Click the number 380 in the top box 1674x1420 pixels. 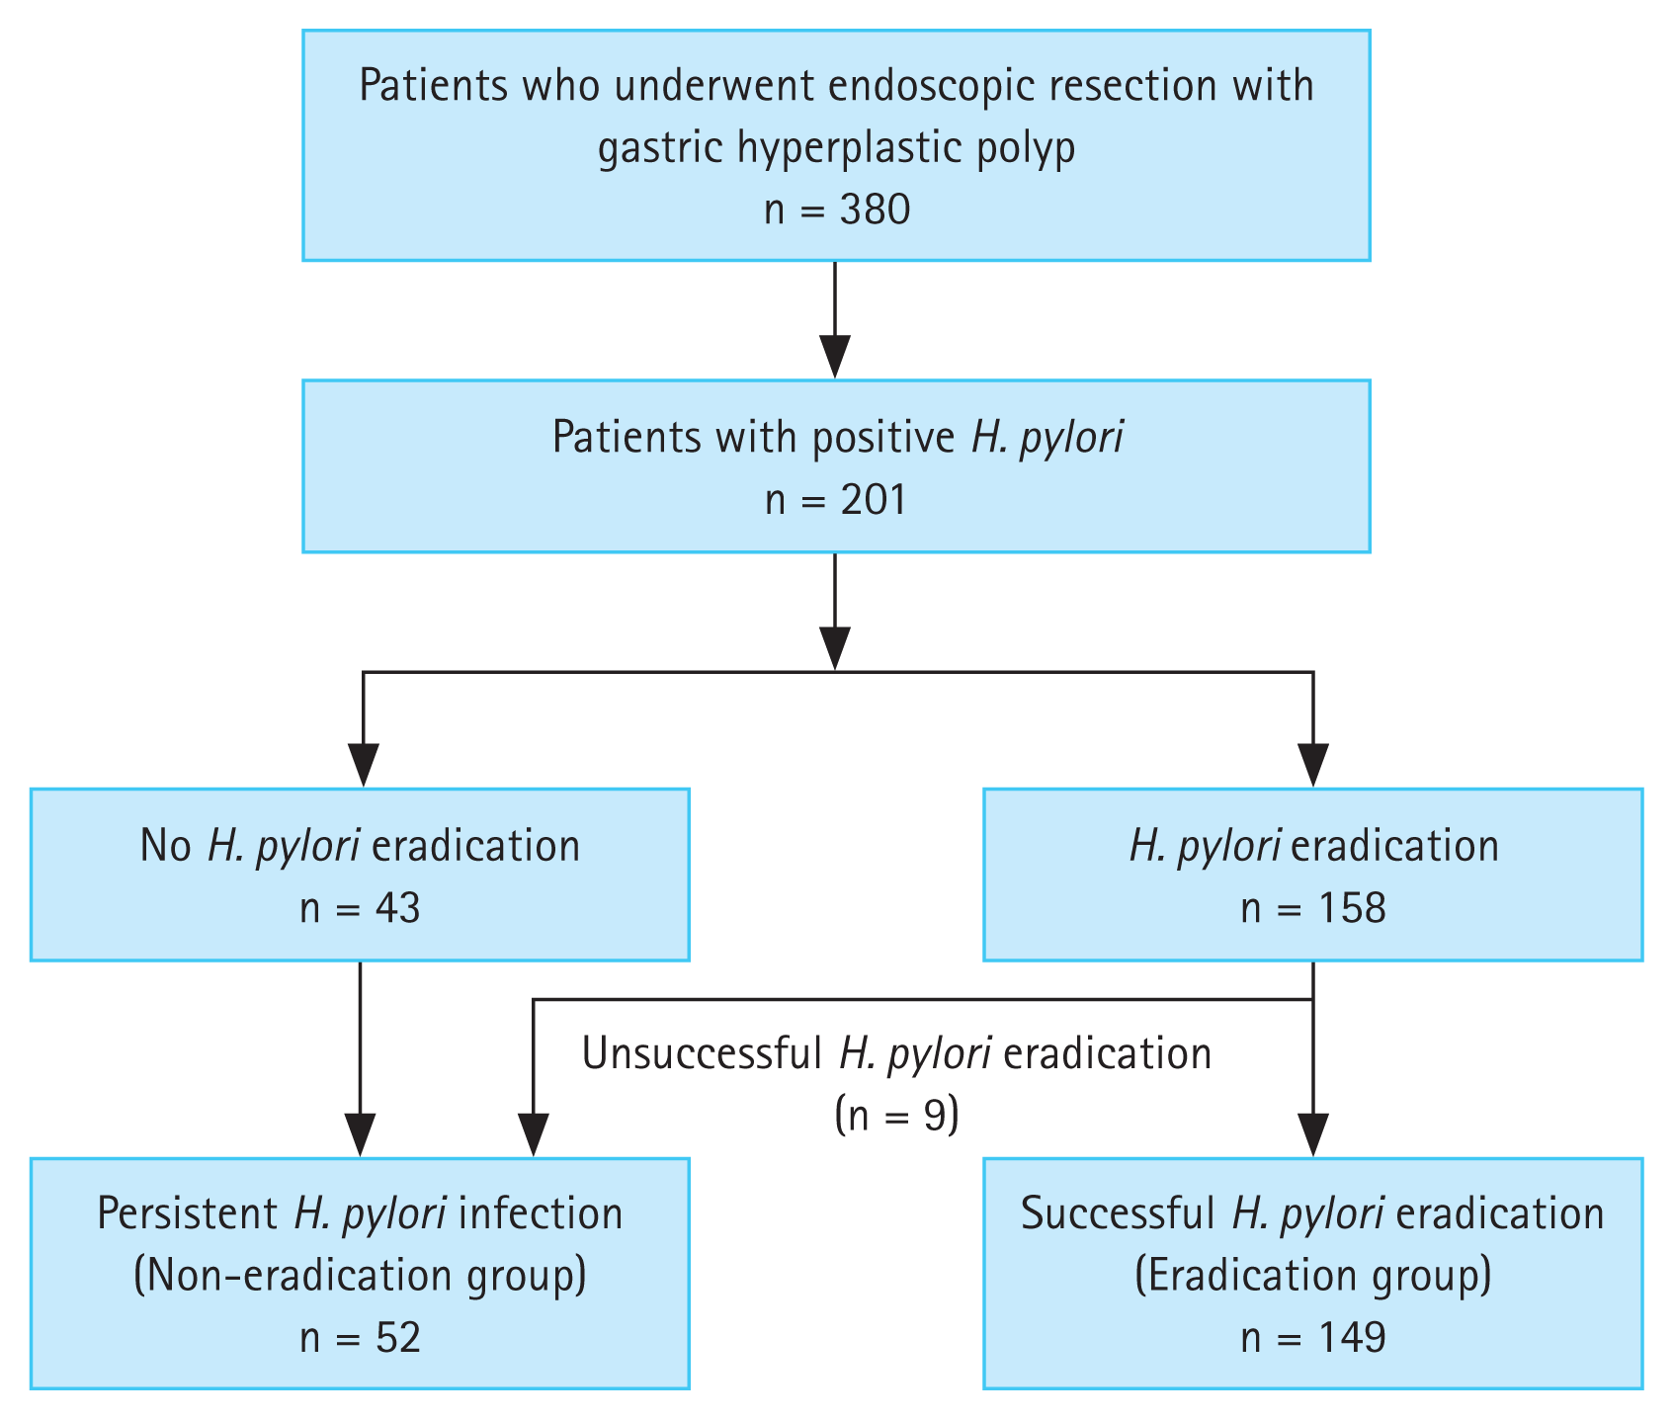tap(874, 209)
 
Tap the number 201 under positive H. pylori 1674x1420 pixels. tap(874, 500)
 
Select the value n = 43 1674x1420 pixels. tap(360, 908)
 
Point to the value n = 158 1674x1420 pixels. tap(1312, 908)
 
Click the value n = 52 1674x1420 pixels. tap(360, 1338)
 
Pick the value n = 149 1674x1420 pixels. tap(1312, 1338)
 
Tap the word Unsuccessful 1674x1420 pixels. tap(702, 1054)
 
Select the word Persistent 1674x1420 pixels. tap(188, 1213)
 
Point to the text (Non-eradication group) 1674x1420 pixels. tap(360, 1276)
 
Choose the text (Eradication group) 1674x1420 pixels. tap(1312, 1276)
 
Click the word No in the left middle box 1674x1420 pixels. tap(165, 847)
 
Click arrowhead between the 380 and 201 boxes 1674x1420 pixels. tap(835, 358)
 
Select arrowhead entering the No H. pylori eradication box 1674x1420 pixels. tap(364, 766)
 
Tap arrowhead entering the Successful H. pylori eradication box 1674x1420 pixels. tap(1312, 1134)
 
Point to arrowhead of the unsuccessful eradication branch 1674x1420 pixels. tap(534, 1134)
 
